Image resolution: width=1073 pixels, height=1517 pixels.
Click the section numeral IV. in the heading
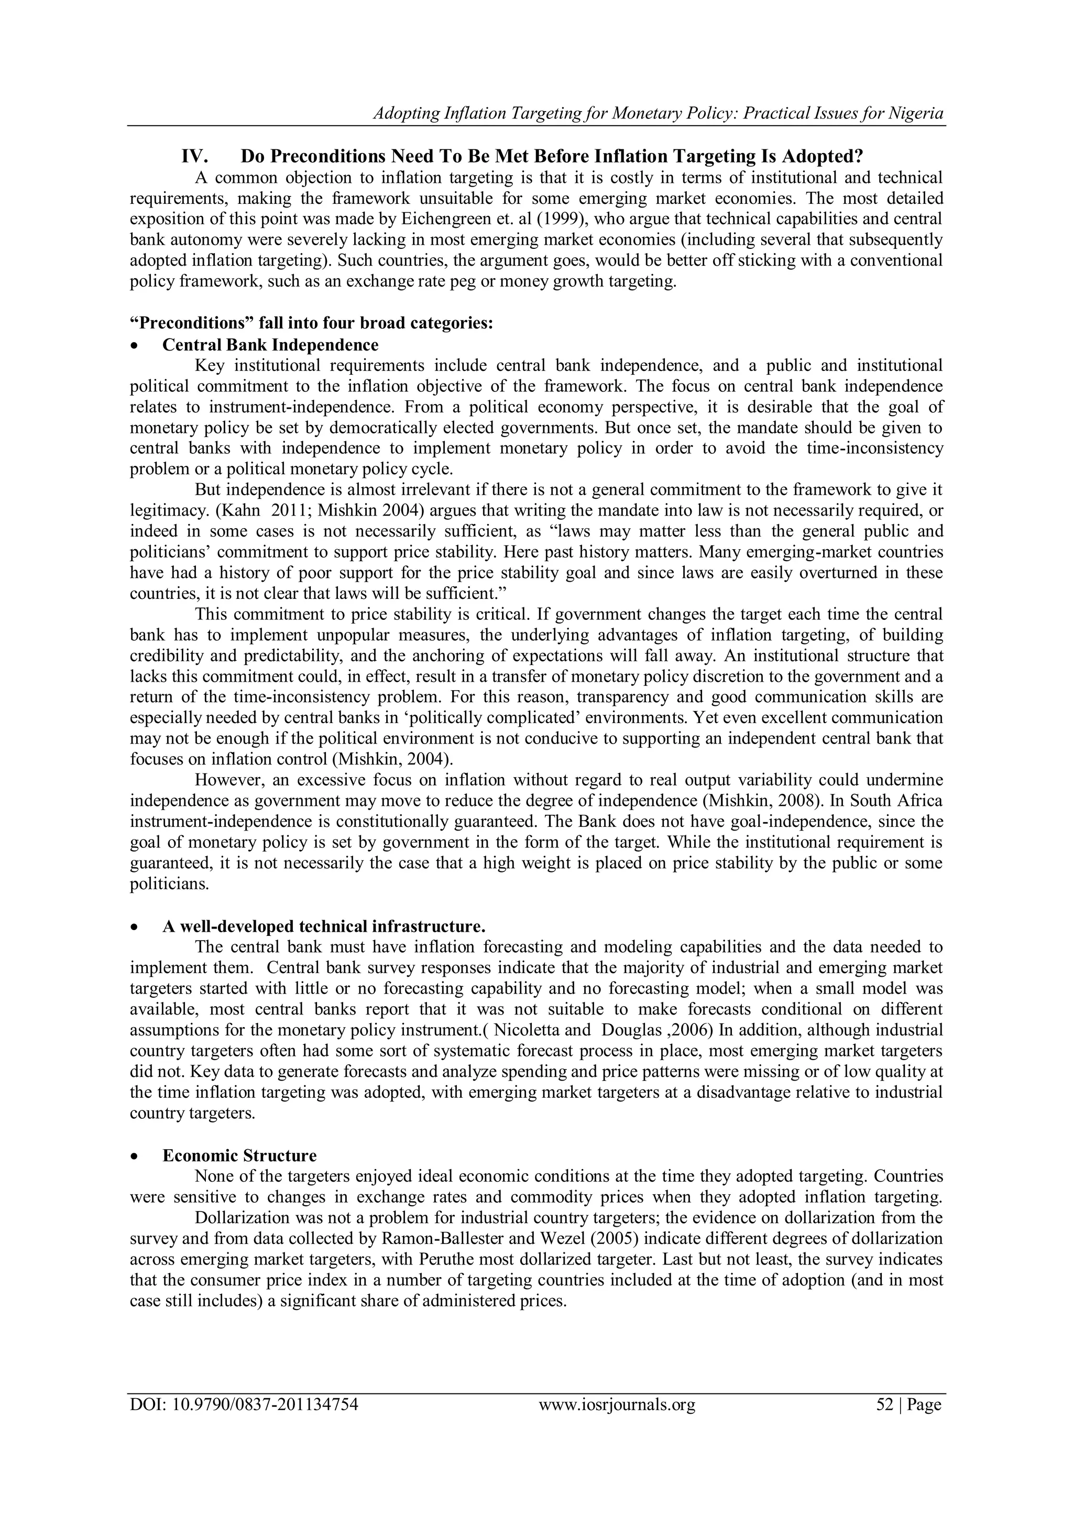[x=195, y=157]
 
